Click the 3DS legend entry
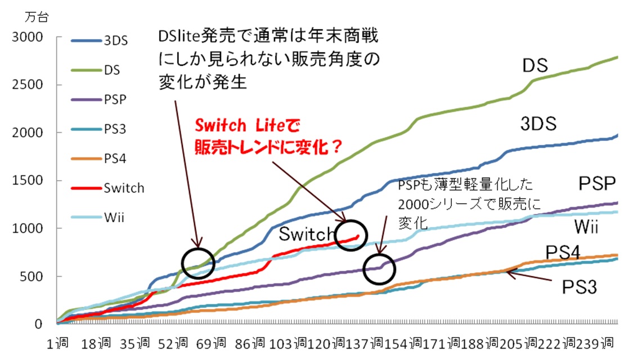point(100,40)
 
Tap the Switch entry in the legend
point(107,188)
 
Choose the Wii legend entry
point(98,217)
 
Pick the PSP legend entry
point(98,100)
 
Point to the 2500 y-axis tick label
point(27,85)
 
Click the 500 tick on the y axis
point(32,276)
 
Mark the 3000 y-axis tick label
point(27,37)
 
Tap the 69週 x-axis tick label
point(211,343)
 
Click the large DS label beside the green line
point(535,65)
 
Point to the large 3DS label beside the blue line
point(539,123)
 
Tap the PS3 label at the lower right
point(579,287)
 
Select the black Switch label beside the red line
point(307,234)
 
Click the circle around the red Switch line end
point(351,235)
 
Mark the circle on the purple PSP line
point(379,269)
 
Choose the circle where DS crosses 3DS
point(198,263)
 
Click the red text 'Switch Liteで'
point(247,125)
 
